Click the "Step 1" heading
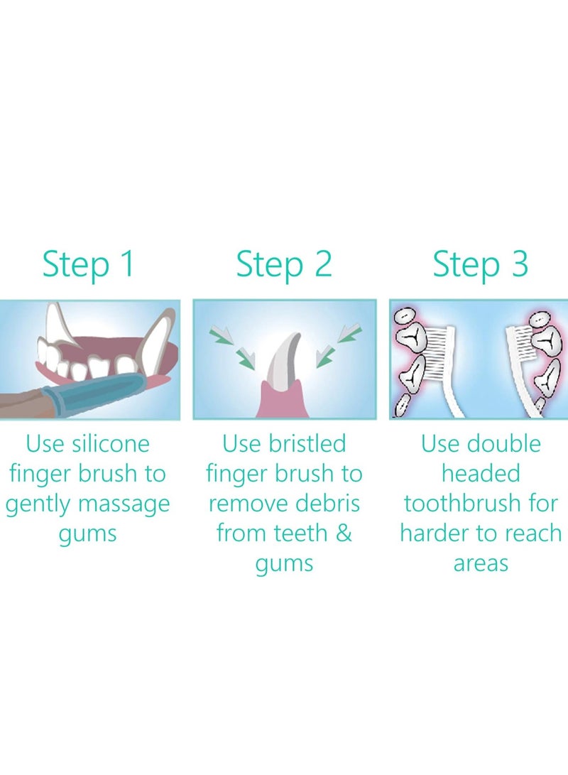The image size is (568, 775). pos(88,264)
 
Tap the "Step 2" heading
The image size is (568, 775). pos(284,264)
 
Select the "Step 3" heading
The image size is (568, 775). pos(481,264)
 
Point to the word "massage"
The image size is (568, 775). pos(124,505)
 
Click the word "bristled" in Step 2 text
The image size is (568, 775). pos(307,443)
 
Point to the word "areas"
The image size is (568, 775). pos(481,564)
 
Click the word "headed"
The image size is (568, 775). pos(481,473)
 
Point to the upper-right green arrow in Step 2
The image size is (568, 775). pos(349,334)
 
